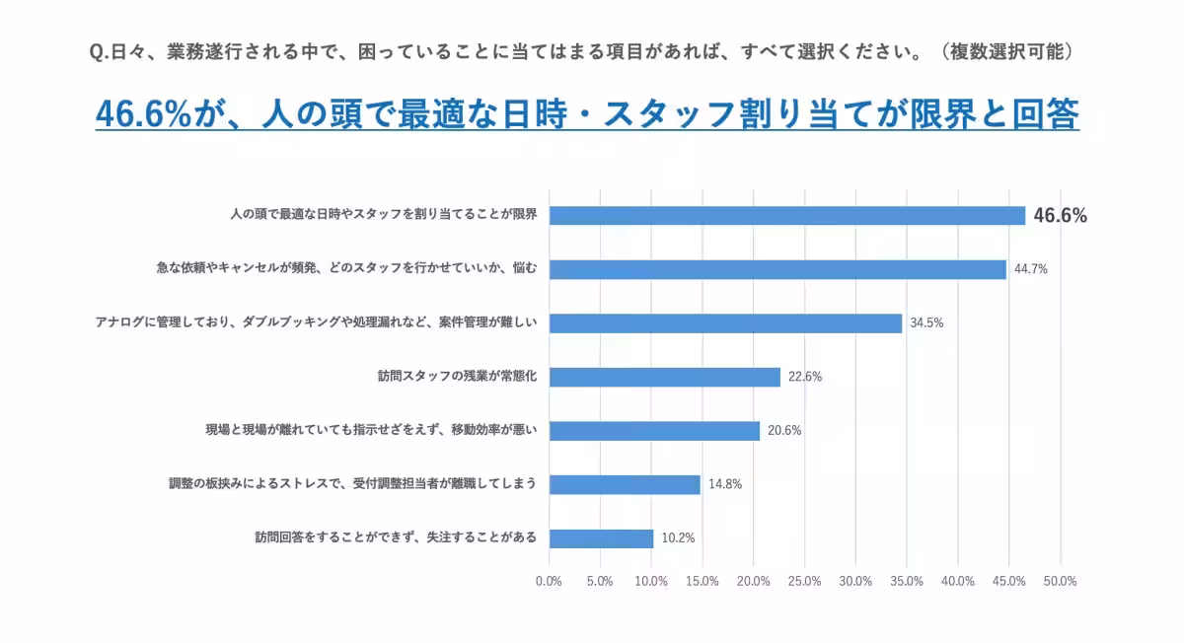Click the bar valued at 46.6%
click(x=787, y=216)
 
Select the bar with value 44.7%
click(x=777, y=269)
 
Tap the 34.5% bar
click(x=725, y=323)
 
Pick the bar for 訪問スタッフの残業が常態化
click(x=664, y=377)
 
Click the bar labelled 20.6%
click(x=654, y=431)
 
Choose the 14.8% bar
click(x=625, y=484)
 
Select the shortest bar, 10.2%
click(x=601, y=538)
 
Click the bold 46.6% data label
click(x=1060, y=216)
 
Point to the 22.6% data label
click(x=805, y=377)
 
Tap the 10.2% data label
click(x=678, y=538)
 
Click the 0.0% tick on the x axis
click(x=549, y=581)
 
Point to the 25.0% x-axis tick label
click(x=805, y=581)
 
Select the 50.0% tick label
click(x=1060, y=581)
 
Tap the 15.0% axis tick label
click(x=703, y=581)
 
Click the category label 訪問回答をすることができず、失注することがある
click(x=396, y=537)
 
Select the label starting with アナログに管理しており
click(x=316, y=322)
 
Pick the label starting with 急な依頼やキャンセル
click(x=346, y=268)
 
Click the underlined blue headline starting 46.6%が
click(x=587, y=114)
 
